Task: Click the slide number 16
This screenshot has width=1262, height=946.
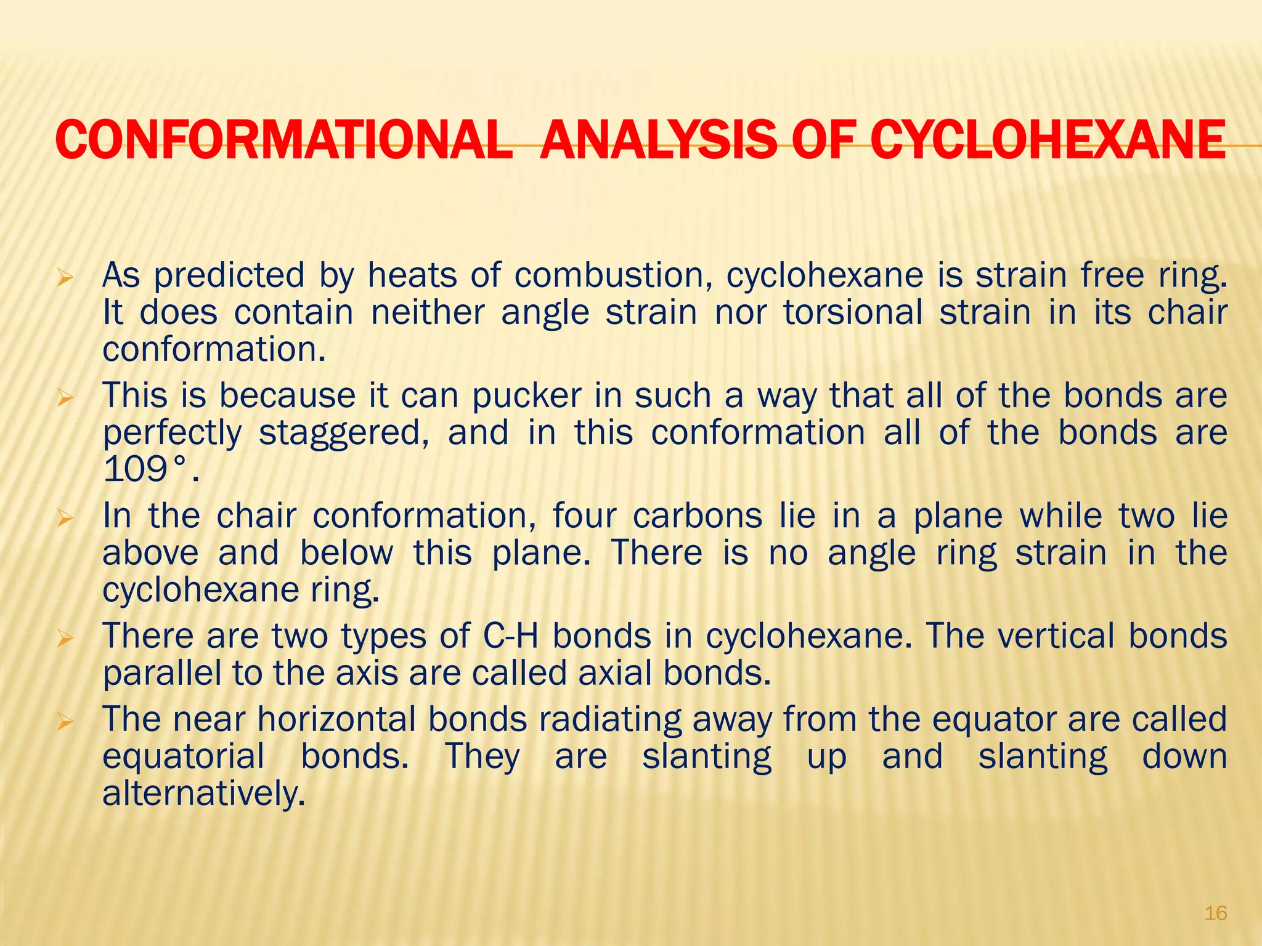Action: click(x=1216, y=913)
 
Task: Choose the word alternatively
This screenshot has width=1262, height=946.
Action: click(x=203, y=794)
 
